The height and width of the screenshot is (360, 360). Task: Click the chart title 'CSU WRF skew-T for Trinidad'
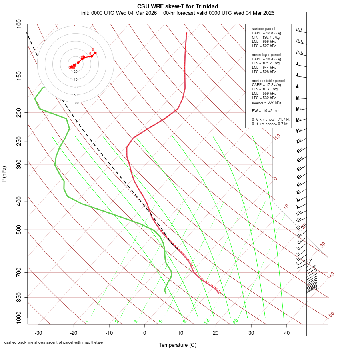click(178, 6)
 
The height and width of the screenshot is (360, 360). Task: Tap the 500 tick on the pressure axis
click(19, 230)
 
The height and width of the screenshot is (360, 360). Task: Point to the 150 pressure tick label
click(19, 76)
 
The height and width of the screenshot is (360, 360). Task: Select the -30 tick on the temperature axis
click(38, 333)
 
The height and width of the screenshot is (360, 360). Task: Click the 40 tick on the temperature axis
click(286, 333)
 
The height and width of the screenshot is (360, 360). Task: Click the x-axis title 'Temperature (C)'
click(178, 345)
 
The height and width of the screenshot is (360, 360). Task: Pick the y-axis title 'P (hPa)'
click(4, 174)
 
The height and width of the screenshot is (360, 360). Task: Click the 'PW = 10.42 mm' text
click(266, 111)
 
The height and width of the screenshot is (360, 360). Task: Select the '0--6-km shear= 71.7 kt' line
click(270, 120)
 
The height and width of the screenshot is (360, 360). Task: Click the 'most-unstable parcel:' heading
click(267, 80)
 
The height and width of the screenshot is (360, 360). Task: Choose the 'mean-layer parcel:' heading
click(267, 54)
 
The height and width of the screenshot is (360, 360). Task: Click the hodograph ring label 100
click(76, 103)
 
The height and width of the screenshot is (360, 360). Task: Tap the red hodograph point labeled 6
click(95, 53)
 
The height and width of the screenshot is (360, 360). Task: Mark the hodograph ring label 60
click(76, 87)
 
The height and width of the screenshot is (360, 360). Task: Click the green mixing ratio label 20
click(236, 321)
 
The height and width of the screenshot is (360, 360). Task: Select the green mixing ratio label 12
click(207, 321)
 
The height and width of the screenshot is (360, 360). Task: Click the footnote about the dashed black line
click(54, 342)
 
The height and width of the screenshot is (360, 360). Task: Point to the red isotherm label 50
click(331, 315)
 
